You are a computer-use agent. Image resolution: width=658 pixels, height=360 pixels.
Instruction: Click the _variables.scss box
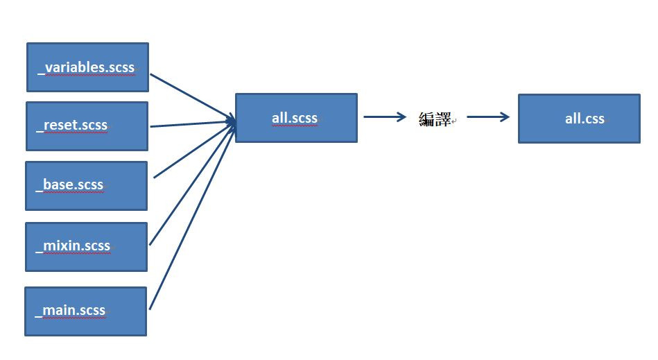click(x=87, y=67)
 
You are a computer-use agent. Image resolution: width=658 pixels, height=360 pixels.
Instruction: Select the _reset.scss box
click(x=87, y=126)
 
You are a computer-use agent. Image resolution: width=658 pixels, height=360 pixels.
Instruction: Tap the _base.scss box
click(x=86, y=185)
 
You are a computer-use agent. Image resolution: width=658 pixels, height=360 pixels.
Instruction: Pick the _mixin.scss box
click(x=86, y=246)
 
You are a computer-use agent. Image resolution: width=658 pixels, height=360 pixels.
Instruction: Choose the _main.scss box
click(x=85, y=311)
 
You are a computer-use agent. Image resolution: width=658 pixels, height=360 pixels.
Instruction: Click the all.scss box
click(x=296, y=118)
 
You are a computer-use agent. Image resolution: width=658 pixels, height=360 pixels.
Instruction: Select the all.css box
click(x=579, y=119)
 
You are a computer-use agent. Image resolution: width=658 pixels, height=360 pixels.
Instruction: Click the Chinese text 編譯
click(x=435, y=119)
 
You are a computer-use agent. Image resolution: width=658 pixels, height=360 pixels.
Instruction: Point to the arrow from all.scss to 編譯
click(x=384, y=117)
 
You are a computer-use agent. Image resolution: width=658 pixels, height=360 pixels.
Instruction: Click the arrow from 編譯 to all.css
click(x=488, y=117)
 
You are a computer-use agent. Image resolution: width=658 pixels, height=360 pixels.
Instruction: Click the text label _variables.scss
click(x=87, y=67)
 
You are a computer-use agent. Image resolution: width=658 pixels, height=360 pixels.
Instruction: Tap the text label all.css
click(x=585, y=119)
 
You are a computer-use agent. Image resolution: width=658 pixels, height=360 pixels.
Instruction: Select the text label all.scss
click(x=295, y=118)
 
